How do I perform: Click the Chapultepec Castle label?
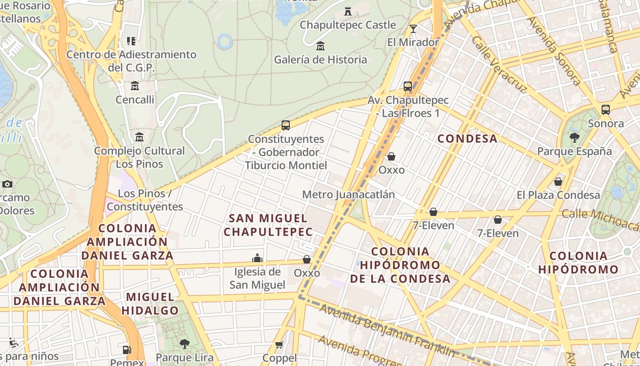[347, 25]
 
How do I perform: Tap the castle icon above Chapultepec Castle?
[348, 11]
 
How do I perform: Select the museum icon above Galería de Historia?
[320, 46]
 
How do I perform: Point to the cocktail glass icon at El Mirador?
[413, 29]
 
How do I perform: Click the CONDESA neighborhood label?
[467, 139]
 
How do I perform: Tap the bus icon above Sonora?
[606, 110]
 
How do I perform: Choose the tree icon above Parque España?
[575, 137]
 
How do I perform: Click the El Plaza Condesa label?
[558, 195]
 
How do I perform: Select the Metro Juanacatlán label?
[348, 194]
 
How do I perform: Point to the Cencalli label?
[135, 100]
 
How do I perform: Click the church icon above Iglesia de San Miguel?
[257, 258]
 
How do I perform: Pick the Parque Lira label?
[185, 357]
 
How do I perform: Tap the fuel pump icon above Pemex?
[127, 350]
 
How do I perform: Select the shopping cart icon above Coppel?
[279, 344]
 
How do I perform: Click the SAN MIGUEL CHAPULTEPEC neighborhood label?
[268, 225]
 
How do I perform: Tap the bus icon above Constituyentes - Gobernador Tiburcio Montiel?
[286, 125]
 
